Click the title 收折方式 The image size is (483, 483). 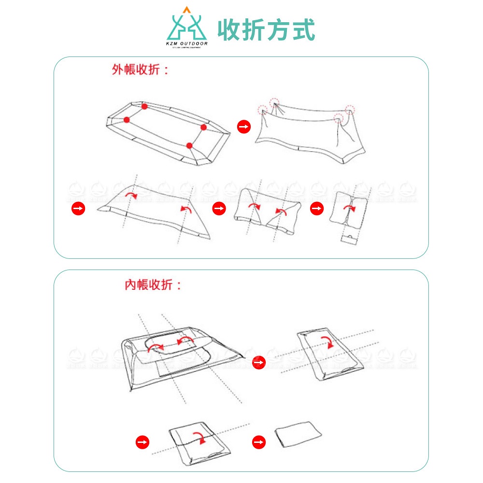click(x=266, y=30)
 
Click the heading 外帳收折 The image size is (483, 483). click(x=141, y=70)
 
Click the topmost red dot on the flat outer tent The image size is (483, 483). click(x=144, y=106)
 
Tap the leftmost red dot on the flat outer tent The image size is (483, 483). click(x=127, y=120)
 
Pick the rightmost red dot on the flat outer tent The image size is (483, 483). click(x=203, y=127)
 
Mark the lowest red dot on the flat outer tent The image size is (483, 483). click(x=189, y=145)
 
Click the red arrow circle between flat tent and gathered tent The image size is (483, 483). click(x=244, y=127)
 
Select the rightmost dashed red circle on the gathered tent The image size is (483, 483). click(x=350, y=109)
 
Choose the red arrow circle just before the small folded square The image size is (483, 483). click(x=316, y=208)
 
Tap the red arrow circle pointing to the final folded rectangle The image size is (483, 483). click(x=259, y=442)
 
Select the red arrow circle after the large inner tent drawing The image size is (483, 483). click(x=259, y=362)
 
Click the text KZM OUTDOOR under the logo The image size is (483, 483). click(x=186, y=44)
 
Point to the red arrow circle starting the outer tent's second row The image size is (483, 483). click(x=78, y=208)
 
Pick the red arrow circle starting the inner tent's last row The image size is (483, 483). click(x=142, y=442)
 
